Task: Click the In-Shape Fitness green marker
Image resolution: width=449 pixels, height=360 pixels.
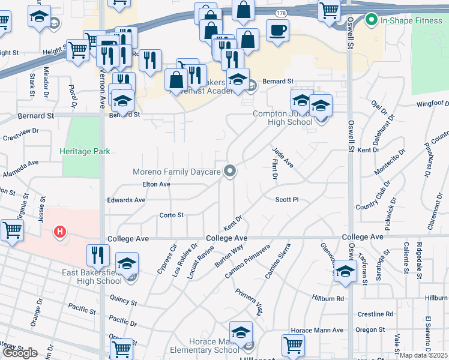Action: (x=372, y=20)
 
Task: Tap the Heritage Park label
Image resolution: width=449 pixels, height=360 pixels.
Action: (x=85, y=152)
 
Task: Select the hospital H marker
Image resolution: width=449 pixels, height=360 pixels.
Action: (x=59, y=231)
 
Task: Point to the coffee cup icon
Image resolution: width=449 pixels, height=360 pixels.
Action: (x=277, y=31)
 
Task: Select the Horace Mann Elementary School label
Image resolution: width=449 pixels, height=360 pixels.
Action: (x=206, y=346)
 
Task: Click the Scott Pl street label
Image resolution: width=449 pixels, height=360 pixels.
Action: (x=287, y=200)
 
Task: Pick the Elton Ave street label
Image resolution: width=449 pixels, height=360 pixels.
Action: (x=156, y=185)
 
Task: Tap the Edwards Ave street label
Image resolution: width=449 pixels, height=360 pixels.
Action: (x=126, y=200)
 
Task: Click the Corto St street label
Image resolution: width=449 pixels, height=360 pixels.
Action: (x=171, y=215)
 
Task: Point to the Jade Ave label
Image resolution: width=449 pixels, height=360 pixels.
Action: (x=282, y=158)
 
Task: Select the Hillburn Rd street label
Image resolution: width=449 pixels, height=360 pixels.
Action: (x=328, y=298)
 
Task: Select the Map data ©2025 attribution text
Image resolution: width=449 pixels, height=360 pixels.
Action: (x=424, y=355)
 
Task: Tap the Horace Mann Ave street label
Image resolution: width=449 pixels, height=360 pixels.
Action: (x=316, y=330)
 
